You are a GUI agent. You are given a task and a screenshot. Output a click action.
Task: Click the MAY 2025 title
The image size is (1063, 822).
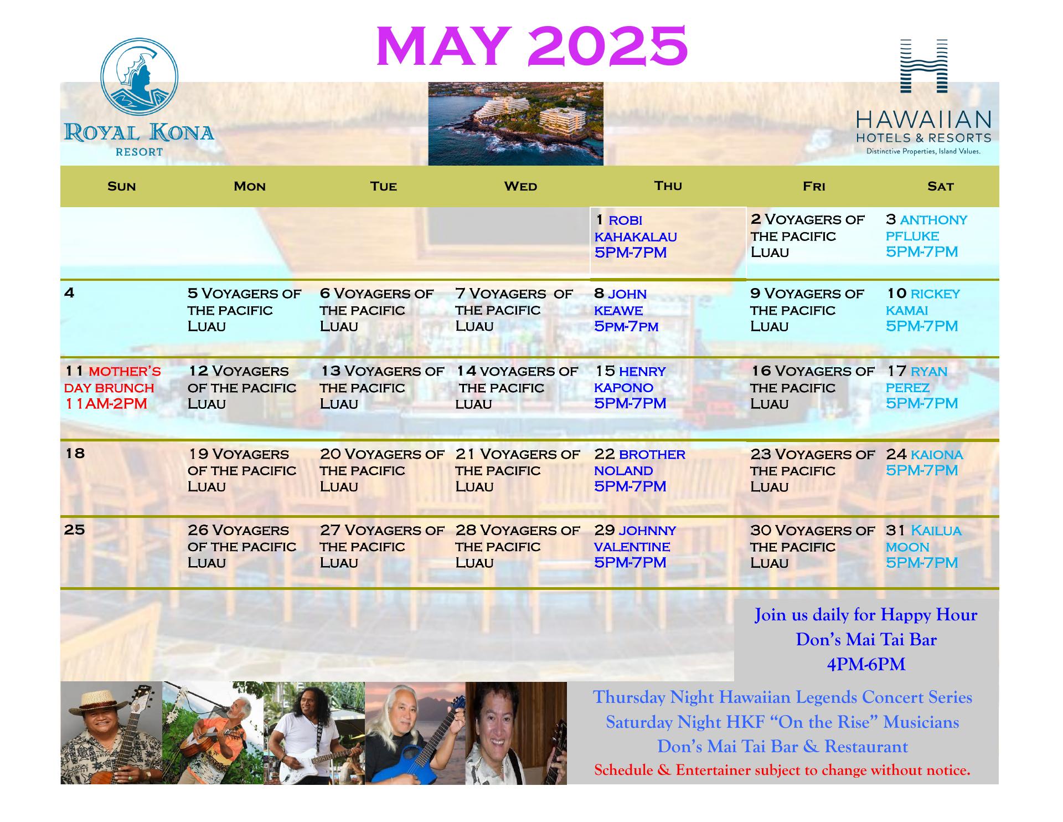[x=531, y=45]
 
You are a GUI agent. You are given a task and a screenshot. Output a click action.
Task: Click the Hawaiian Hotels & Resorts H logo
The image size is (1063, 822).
[x=923, y=65]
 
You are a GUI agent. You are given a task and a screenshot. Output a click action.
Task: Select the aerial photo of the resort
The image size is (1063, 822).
[x=515, y=124]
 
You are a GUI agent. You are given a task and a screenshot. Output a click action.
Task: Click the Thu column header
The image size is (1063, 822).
[x=668, y=186]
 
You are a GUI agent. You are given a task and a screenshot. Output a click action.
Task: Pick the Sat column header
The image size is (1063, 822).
[x=940, y=186]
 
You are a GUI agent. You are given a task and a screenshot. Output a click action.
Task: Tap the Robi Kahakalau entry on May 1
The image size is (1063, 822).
[x=636, y=237]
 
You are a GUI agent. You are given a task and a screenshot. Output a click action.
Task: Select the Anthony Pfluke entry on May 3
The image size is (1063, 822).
[x=926, y=236]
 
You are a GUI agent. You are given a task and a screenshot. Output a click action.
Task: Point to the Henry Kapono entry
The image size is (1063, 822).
[x=630, y=388]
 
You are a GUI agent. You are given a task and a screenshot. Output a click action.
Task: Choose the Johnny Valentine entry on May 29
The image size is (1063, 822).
[x=635, y=546]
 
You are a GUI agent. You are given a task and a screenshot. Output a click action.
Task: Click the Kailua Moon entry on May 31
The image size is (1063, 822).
[x=923, y=546]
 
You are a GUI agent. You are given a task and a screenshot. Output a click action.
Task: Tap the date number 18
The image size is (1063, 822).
[x=75, y=453]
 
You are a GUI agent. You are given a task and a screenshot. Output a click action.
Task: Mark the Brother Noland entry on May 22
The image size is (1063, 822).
[x=639, y=470]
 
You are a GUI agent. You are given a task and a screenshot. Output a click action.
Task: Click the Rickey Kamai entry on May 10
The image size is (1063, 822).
[x=922, y=310]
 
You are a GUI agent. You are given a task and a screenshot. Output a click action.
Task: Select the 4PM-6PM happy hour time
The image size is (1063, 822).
[x=866, y=664]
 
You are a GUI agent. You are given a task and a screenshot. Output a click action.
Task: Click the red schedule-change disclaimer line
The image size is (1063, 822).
[x=782, y=770]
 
